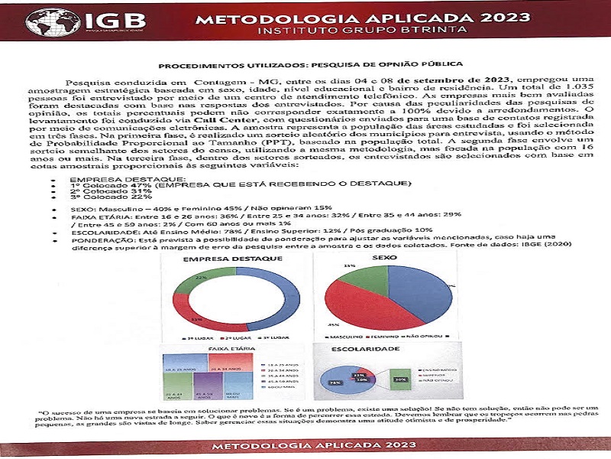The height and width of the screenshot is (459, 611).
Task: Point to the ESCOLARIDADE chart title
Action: [x=367, y=348]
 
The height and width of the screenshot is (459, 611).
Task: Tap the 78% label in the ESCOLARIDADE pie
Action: [x=335, y=382]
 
